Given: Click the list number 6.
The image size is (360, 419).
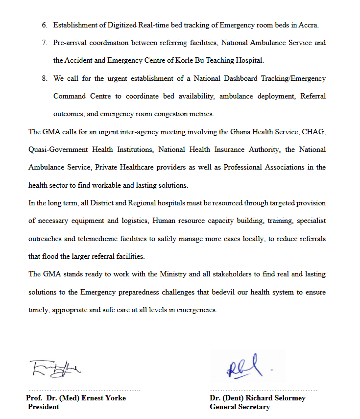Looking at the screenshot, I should [44, 25].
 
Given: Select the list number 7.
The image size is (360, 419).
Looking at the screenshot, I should [44, 43].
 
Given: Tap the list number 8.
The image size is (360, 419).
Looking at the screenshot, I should [44, 78].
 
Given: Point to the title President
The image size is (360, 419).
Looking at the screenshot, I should [44, 407].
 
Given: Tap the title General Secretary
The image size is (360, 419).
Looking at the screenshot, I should [240, 407].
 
